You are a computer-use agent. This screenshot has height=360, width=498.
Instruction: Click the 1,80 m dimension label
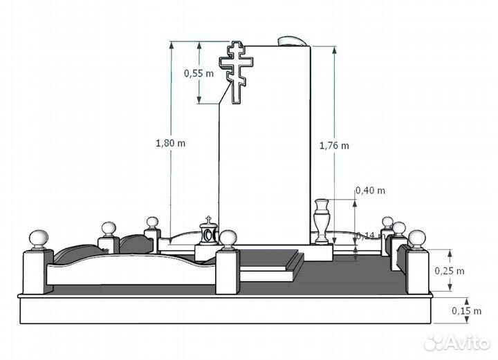[170, 143]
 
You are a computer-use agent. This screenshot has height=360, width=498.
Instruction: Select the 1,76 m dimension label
[334, 146]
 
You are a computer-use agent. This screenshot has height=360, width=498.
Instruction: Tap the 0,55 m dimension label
[199, 73]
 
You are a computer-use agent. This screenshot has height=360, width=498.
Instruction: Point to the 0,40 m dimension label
[370, 190]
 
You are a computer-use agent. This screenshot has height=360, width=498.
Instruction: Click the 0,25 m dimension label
[450, 271]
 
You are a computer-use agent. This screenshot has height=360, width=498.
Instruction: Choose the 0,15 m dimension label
[467, 311]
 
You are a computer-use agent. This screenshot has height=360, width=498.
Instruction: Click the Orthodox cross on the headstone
[237, 73]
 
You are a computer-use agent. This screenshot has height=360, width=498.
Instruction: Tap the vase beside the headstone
[322, 221]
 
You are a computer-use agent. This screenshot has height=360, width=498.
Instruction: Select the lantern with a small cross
[208, 231]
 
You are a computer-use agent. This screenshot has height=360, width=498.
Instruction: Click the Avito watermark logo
[457, 343]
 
